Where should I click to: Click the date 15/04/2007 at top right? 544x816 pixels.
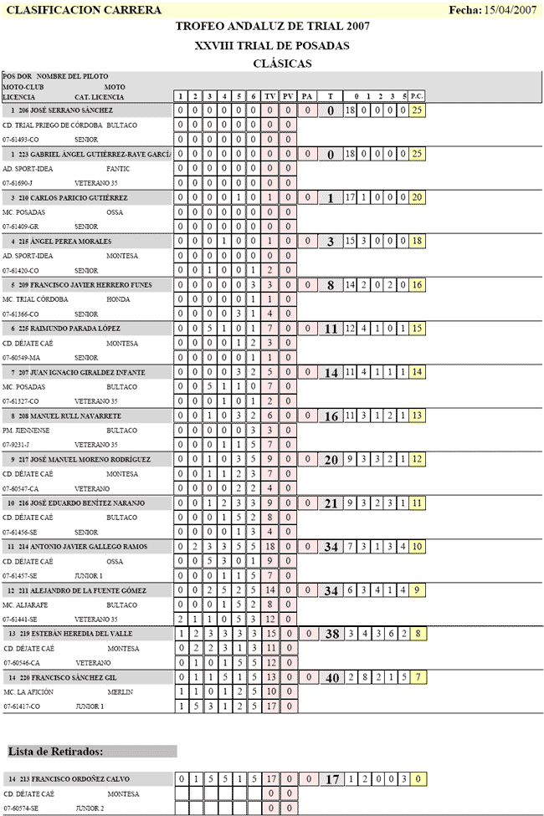tap(510, 10)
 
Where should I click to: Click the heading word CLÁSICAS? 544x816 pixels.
tap(282, 63)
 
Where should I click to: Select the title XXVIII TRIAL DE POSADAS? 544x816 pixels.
tap(272, 45)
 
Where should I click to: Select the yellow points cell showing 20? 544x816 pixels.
tap(417, 197)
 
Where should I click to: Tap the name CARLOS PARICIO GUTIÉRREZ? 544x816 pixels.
tap(82, 197)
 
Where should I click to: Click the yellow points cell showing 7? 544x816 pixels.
tap(417, 677)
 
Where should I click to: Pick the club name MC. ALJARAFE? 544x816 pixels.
tap(25, 604)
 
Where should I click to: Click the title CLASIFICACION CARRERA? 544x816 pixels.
tap(62, 10)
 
